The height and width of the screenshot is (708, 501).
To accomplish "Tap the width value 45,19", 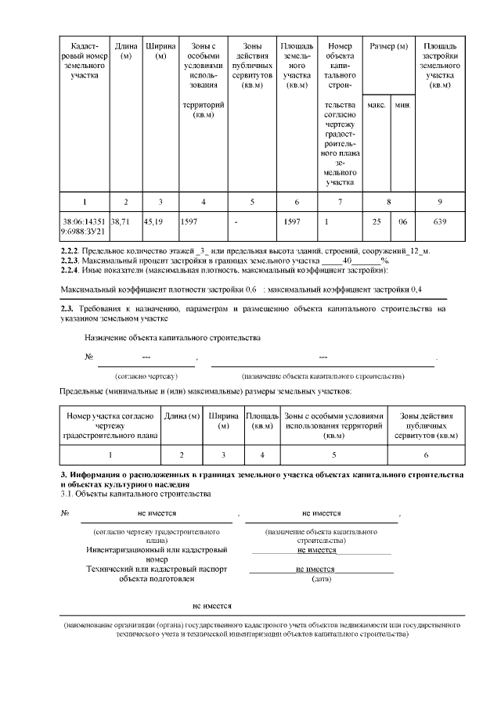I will point(154,221).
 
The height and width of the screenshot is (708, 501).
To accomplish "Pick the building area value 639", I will point(439,221).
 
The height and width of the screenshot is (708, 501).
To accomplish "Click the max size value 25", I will point(376,221).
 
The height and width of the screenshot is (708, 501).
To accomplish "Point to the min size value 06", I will point(402,221).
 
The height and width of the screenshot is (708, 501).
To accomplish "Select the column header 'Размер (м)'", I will point(389,47).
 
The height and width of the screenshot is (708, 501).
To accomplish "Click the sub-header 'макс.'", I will point(376,105).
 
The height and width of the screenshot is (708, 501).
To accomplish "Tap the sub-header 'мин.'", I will point(402,105).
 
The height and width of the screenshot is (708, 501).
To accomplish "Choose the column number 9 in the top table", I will point(439,202).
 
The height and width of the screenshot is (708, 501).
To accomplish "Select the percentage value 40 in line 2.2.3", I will point(349,260).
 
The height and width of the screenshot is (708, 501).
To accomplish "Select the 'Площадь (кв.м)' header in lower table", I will point(261,421).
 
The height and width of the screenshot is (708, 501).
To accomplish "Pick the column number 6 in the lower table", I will point(426,455).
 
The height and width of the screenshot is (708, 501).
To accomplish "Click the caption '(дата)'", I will point(321,580).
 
